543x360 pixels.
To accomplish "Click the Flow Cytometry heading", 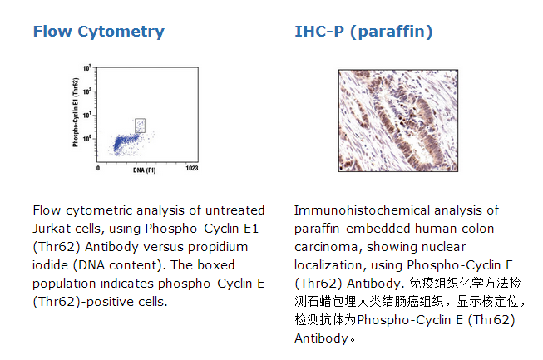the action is click(99, 32).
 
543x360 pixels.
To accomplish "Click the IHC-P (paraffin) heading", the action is click(363, 32).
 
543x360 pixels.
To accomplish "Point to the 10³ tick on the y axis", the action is click(86, 68).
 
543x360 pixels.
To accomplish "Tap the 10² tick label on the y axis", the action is click(86, 91).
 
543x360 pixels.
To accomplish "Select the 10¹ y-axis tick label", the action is click(86, 115).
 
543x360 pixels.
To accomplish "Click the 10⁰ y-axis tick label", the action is click(86, 139).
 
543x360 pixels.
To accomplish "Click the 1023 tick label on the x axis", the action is click(192, 168).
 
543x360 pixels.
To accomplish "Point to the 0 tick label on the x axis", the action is click(98, 168).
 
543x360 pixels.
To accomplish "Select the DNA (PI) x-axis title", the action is click(145, 170).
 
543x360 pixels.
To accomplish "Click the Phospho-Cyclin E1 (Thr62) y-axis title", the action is click(76, 112).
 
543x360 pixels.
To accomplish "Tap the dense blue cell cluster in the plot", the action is click(124, 142).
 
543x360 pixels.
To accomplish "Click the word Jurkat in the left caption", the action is click(49, 229).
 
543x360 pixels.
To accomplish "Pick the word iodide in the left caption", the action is click(51, 265).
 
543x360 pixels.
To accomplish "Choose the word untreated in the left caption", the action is click(235, 210).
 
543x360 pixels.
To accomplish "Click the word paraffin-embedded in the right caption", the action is click(353, 229).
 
